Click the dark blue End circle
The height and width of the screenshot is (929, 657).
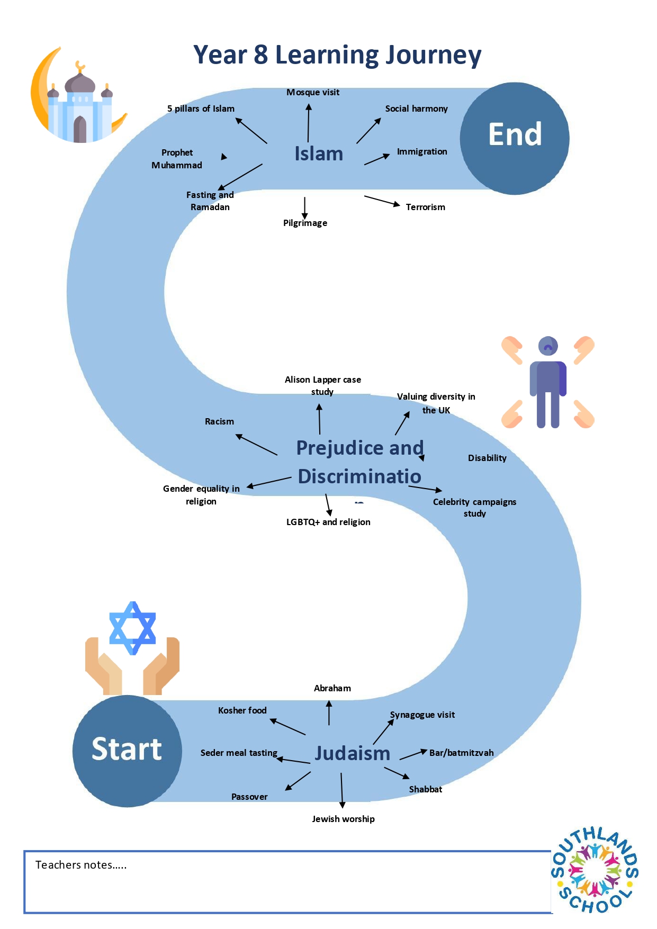point(515,138)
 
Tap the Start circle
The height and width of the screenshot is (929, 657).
point(128,751)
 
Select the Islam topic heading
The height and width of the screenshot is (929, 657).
point(319,154)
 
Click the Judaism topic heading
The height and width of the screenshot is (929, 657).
point(353,753)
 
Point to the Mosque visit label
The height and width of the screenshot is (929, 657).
point(313,92)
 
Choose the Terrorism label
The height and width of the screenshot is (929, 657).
point(426,207)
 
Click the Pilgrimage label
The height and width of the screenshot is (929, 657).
point(305,223)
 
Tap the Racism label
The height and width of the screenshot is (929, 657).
point(219,421)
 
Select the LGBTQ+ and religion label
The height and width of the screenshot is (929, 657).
point(328,522)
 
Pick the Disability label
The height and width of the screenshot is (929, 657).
point(487,458)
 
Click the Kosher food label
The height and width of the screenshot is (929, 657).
point(242,710)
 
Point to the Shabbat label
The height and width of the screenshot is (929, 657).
point(426,789)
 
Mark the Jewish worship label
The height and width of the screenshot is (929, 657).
point(343,819)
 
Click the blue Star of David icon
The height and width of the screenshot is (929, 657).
point(132,628)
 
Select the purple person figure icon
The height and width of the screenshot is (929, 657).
point(548,382)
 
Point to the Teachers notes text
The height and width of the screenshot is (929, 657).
point(81,865)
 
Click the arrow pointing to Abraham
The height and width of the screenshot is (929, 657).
point(329,712)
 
